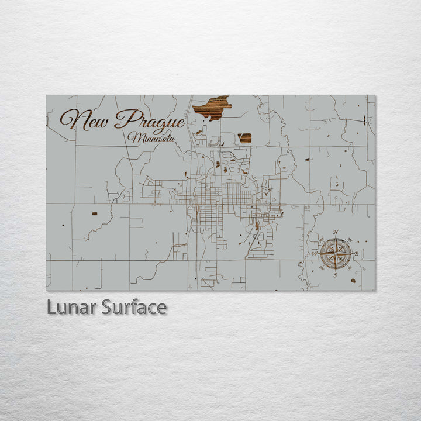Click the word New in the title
85,120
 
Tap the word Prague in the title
150,120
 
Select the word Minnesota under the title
153,138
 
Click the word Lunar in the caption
71,307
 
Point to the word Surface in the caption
134,307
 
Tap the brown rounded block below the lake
244,138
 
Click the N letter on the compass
336,233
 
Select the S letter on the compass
335,274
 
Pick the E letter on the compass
356,254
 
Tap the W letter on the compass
314,254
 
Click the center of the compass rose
336,254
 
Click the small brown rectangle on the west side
95,213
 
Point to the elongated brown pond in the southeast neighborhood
256,225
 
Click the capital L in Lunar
52,307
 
